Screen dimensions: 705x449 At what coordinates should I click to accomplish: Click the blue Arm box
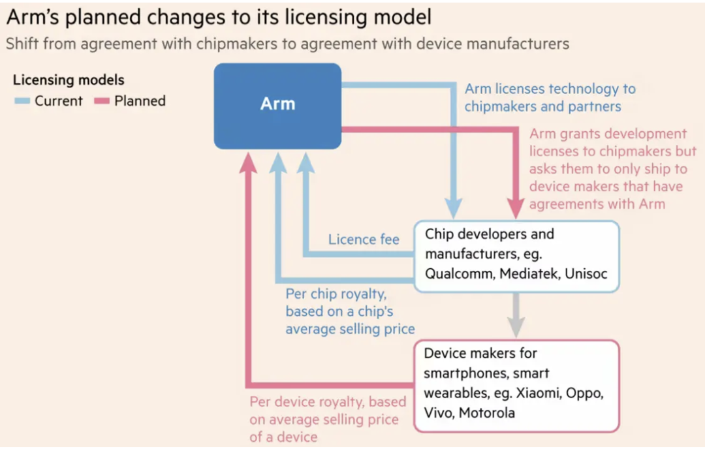277,106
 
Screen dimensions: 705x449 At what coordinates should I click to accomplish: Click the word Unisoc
586,273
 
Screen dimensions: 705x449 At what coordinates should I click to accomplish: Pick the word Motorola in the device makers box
487,412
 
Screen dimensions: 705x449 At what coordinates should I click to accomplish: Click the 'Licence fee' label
364,239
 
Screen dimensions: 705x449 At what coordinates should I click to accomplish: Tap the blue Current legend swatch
22,101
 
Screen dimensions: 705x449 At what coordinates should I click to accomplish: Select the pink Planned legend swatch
102,101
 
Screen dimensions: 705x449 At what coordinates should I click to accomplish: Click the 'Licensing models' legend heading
69,80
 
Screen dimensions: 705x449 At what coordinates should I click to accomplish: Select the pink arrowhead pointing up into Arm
248,163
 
